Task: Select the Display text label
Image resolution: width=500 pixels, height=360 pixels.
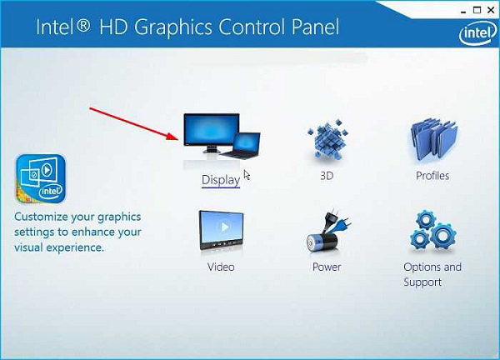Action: [x=220, y=179]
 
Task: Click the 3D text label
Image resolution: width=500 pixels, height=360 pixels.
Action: [x=327, y=177]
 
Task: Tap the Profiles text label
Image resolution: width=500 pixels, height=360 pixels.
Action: [x=432, y=176]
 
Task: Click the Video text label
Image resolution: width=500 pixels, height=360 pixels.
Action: [x=221, y=267]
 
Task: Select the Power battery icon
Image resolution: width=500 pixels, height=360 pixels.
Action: [x=327, y=232]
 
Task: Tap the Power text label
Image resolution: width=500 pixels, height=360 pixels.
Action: [x=327, y=267]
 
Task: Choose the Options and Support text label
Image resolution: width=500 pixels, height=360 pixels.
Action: [x=432, y=274]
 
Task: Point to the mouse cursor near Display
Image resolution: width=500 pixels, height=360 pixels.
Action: [x=246, y=174]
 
